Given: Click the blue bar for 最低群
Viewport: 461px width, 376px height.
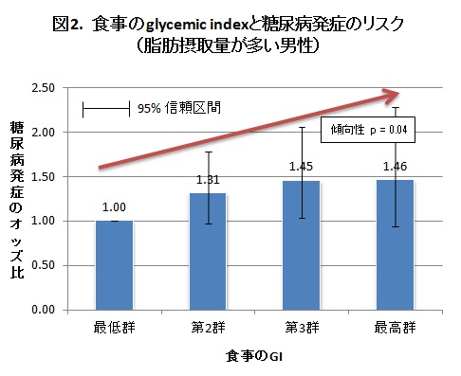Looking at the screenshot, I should (114, 264).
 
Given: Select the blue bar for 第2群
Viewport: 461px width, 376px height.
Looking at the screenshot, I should (208, 251).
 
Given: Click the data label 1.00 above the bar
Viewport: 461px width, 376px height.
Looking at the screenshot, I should (114, 207).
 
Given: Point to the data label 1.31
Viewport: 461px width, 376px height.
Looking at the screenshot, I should (208, 180).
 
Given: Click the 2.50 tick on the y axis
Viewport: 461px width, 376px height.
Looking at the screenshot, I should (42, 88).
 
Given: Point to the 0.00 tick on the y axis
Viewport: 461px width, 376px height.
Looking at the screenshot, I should (42, 310).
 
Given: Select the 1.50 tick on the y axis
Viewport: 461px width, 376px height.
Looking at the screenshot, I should (42, 176).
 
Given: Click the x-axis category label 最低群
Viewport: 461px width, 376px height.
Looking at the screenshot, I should (114, 329).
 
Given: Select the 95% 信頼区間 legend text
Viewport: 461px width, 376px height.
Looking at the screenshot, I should (179, 108).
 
